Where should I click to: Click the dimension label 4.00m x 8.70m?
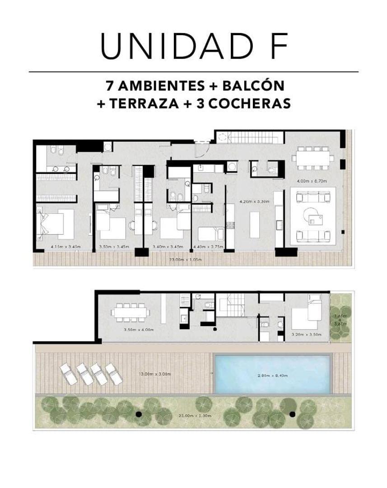(312, 181)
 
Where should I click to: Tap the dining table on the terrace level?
(131, 312)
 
